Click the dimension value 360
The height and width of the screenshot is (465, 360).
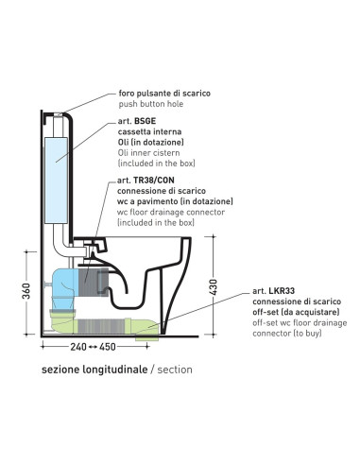27,291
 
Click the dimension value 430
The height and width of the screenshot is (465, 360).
214,287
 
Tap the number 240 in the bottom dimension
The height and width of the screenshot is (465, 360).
78,347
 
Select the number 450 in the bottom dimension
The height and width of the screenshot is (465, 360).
108,347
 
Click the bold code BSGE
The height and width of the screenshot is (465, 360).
145,121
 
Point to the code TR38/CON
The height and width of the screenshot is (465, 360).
154,181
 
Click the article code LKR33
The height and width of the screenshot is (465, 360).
282,291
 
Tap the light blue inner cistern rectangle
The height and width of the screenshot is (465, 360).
57,181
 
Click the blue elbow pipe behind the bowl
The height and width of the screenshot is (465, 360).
64,284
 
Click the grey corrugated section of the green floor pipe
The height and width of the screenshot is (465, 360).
100,326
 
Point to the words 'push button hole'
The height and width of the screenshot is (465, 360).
151,104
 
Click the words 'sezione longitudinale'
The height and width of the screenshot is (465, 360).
94,370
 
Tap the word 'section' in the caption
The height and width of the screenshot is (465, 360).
175,370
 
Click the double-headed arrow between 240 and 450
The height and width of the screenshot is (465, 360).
93,347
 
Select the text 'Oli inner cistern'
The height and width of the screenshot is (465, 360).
149,153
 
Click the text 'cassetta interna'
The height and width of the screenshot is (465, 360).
149,131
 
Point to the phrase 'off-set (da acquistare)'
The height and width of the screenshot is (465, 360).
296,312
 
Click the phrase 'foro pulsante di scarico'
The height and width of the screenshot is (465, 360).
164,94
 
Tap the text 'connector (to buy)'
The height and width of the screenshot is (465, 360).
287,333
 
